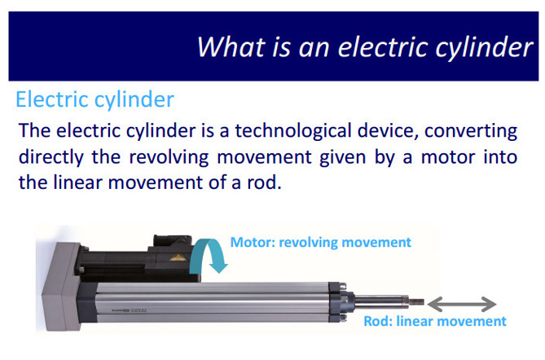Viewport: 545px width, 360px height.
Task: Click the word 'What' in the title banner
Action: pyautogui.click(x=231, y=47)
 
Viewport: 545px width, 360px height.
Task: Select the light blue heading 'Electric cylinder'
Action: pyautogui.click(x=94, y=100)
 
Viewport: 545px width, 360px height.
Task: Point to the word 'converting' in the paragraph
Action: pyautogui.click(x=471, y=132)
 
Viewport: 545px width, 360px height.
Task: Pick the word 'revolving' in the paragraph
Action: pyautogui.click(x=169, y=157)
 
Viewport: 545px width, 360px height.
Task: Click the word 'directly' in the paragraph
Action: pyautogui.click(x=51, y=158)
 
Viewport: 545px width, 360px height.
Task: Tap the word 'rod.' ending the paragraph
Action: pyautogui.click(x=264, y=182)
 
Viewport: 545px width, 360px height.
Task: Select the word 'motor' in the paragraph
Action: pyautogui.click(x=448, y=158)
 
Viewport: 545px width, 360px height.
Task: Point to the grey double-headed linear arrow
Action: pyautogui.click(x=462, y=304)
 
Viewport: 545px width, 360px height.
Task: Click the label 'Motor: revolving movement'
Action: pyautogui.click(x=321, y=242)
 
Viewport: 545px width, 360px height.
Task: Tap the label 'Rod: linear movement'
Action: pyautogui.click(x=435, y=321)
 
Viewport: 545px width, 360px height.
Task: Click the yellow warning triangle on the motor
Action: pyautogui.click(x=178, y=258)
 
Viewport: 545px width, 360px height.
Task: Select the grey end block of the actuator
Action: pyautogui.click(x=62, y=287)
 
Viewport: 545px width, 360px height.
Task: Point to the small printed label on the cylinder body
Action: pyautogui.click(x=129, y=310)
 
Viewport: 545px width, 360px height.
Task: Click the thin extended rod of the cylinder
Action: pyautogui.click(x=389, y=301)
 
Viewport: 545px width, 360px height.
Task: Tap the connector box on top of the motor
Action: pyautogui.click(x=173, y=241)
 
